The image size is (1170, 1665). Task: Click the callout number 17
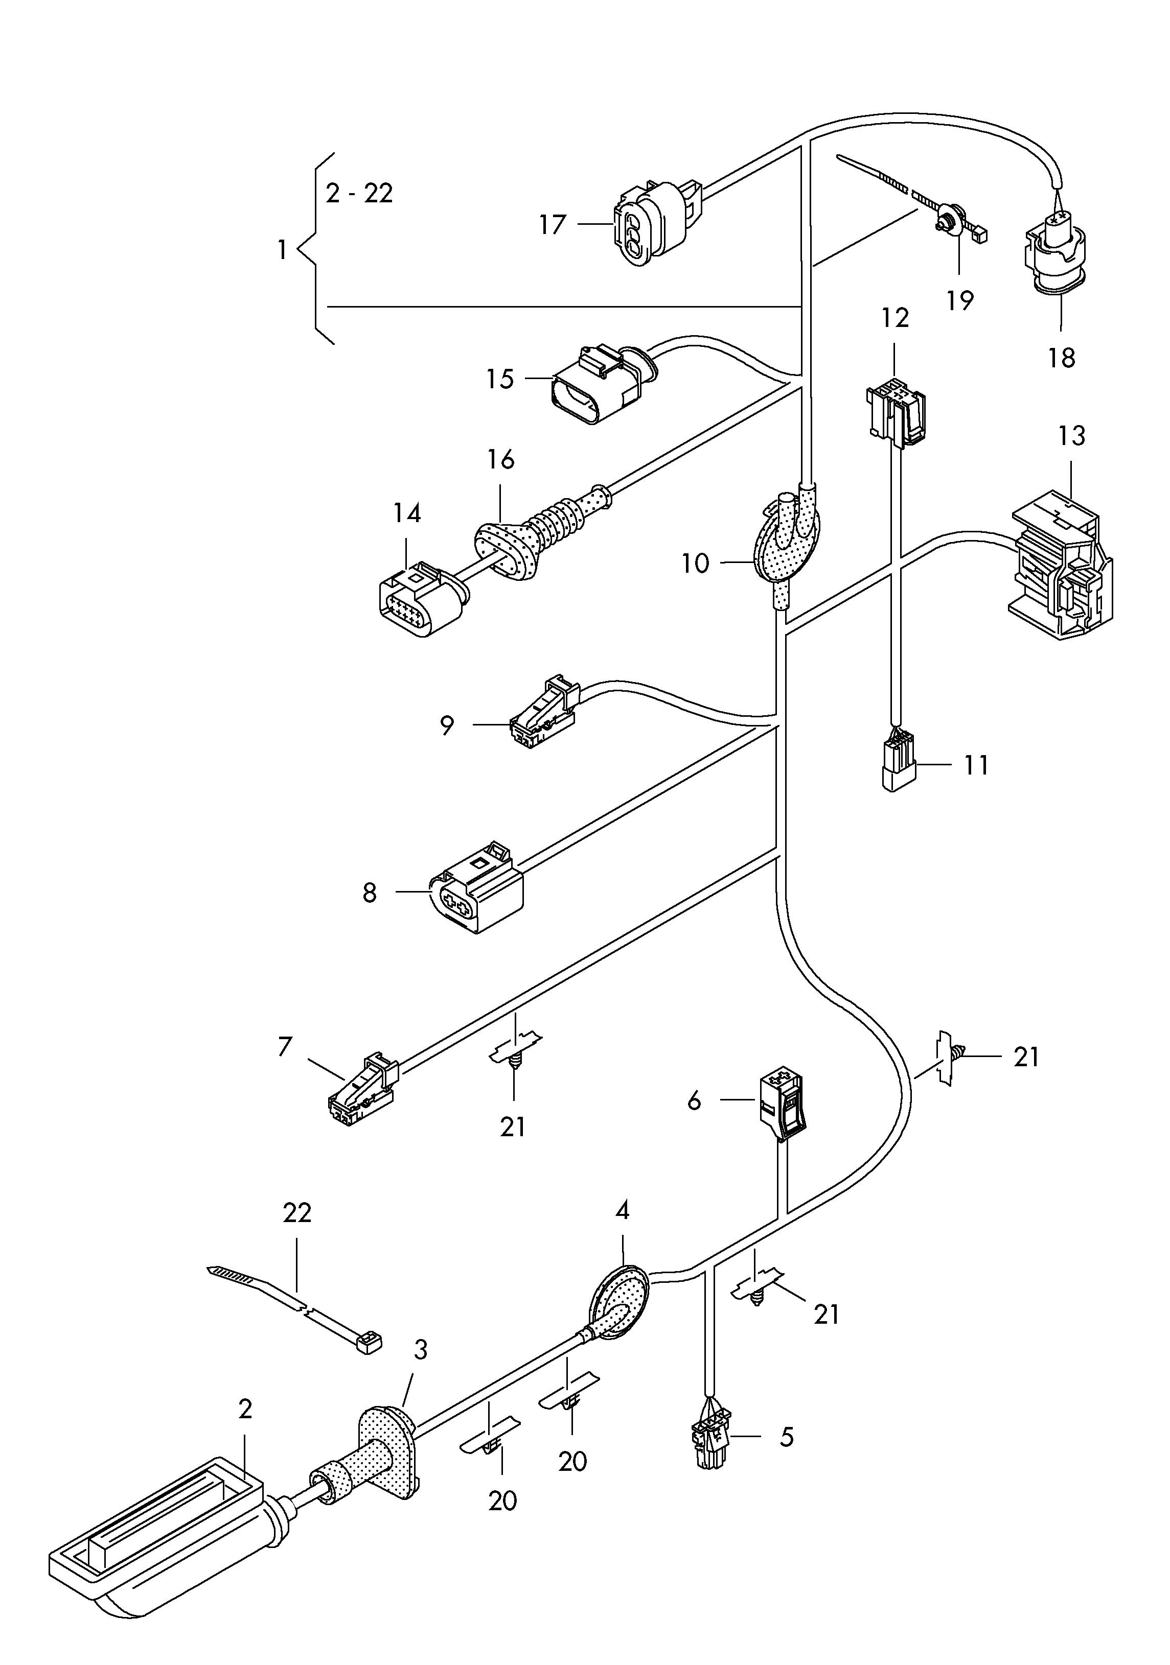552,224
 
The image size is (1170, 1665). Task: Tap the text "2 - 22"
359,193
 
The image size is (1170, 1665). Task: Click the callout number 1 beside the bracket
282,250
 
